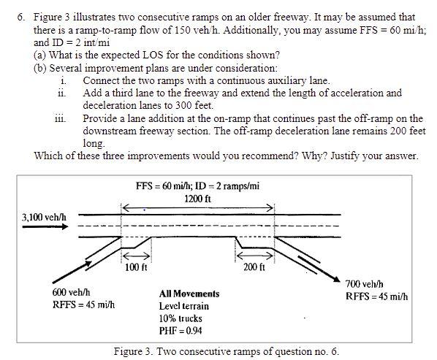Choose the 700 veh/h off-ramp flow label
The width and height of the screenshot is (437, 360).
(365, 283)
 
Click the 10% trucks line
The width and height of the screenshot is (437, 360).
(180, 318)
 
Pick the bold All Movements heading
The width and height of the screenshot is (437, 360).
(189, 294)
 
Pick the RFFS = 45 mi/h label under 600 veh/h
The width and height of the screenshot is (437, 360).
(83, 305)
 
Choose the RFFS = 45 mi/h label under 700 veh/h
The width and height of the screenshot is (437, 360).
(376, 296)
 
